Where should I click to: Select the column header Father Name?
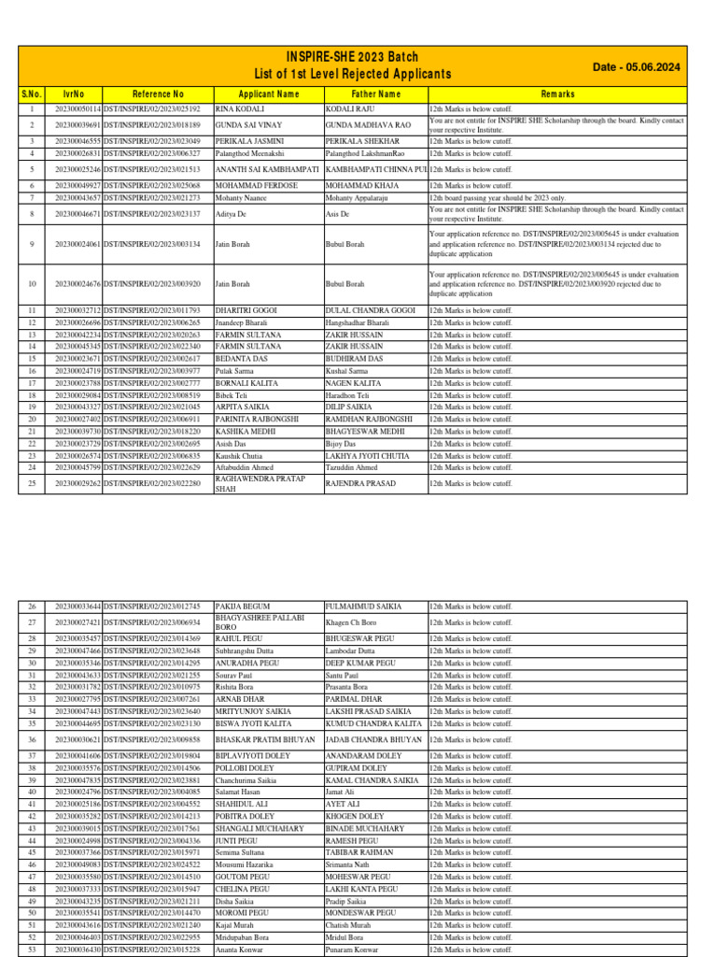tap(375, 94)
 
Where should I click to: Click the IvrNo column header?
tap(74, 94)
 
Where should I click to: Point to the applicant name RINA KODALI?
tap(238, 109)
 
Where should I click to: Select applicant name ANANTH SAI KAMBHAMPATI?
tap(267, 169)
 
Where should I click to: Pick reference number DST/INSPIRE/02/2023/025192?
tap(158, 109)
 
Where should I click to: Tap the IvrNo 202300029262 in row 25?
tap(77, 484)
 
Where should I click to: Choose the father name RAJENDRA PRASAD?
tap(360, 484)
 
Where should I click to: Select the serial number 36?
tap(31, 739)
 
